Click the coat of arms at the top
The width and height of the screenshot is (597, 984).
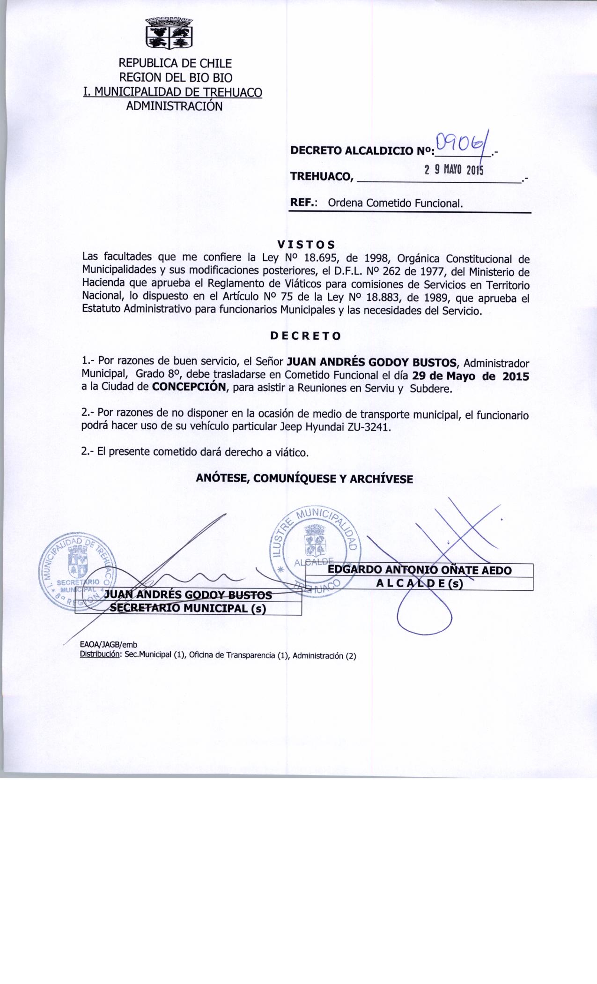169,33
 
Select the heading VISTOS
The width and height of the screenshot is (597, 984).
306,245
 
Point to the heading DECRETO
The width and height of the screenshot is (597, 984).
306,336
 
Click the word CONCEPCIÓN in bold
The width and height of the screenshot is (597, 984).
190,388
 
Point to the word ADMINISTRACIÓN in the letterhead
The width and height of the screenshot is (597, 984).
174,106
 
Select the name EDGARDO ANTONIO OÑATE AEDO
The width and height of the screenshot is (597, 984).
420,570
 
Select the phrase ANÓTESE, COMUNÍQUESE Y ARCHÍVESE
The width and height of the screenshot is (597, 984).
305,479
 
